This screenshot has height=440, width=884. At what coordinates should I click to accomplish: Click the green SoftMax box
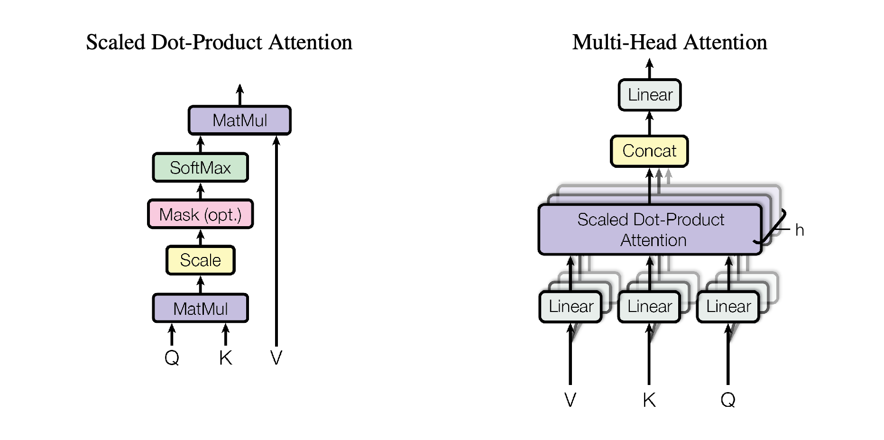click(x=200, y=167)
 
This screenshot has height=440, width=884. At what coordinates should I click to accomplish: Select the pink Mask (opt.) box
click(x=200, y=214)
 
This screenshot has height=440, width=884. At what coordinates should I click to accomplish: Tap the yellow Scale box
click(x=200, y=260)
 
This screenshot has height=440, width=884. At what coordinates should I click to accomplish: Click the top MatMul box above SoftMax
click(x=239, y=120)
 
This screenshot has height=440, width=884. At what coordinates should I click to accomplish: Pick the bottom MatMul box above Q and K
click(x=200, y=308)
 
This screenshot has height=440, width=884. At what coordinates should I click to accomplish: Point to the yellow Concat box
click(x=649, y=151)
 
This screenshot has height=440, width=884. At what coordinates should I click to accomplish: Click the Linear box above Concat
click(x=650, y=95)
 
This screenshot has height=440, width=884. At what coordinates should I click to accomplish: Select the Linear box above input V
click(x=571, y=306)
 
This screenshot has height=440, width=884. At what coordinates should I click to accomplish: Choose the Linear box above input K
click(x=649, y=306)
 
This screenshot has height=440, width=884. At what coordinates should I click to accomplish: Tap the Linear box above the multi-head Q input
click(x=728, y=306)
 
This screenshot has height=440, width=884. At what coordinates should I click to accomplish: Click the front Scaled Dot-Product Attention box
click(x=650, y=229)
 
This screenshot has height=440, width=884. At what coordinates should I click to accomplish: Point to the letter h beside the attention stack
click(x=800, y=230)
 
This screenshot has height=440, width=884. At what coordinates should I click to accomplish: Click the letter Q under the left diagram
click(x=172, y=357)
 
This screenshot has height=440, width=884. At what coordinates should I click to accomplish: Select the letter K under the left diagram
click(x=226, y=357)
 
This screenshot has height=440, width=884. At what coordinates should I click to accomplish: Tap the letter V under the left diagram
click(x=276, y=357)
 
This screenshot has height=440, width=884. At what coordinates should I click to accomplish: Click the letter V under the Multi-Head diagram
click(x=571, y=400)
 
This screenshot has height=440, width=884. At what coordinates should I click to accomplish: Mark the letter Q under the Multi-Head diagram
click(x=728, y=400)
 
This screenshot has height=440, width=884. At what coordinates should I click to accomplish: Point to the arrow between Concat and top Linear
click(x=650, y=123)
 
